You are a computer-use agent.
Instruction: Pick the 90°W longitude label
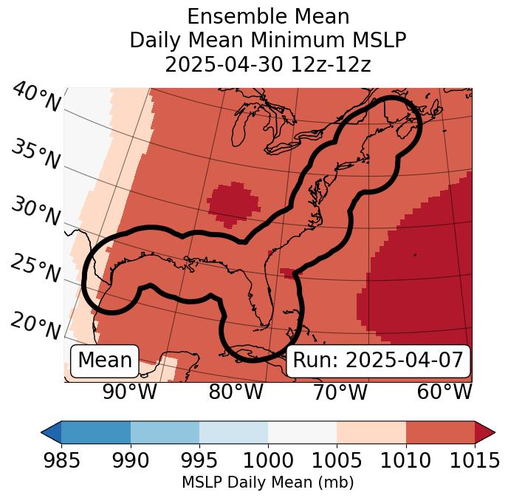tap(130, 392)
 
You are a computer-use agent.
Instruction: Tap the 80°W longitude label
tap(236, 392)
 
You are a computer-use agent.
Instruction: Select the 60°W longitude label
tap(444, 392)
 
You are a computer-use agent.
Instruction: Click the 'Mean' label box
tap(105, 361)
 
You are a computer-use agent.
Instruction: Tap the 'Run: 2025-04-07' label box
tap(378, 361)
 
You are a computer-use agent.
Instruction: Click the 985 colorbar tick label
tap(61, 460)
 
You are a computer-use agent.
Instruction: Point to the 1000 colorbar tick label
tap(268, 460)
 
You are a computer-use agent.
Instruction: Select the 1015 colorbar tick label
tap(474, 460)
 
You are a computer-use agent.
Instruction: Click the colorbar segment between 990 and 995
tap(165, 432)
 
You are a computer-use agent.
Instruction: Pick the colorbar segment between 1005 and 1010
tap(371, 432)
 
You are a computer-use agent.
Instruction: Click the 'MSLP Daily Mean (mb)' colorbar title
tap(267, 483)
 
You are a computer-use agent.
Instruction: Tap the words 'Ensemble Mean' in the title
tap(268, 16)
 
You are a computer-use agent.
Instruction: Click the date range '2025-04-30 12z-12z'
tap(268, 64)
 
